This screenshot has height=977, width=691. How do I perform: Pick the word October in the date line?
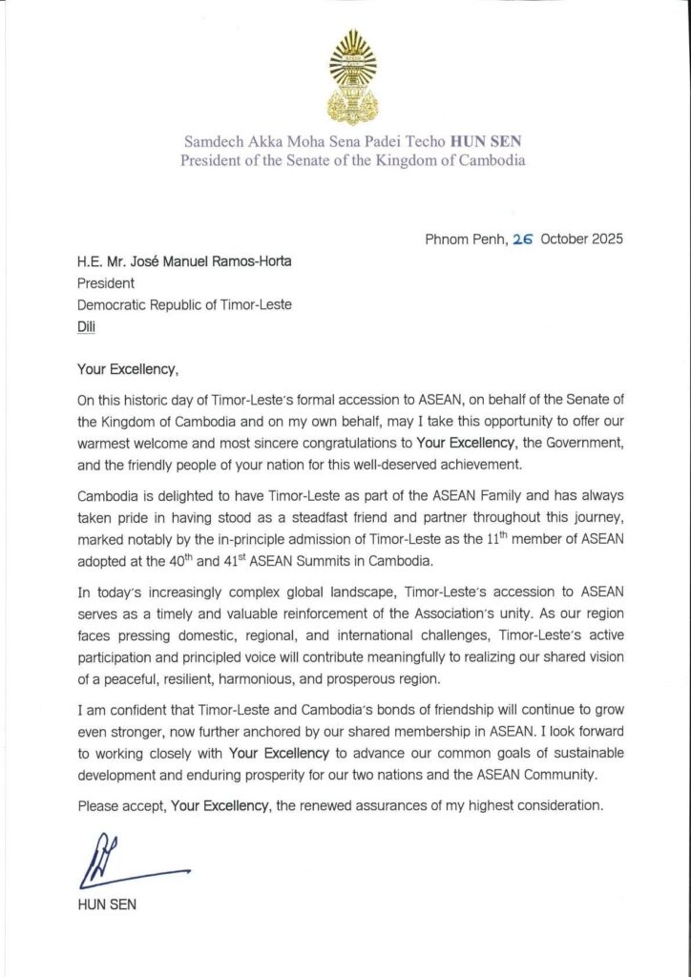(x=560, y=239)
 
